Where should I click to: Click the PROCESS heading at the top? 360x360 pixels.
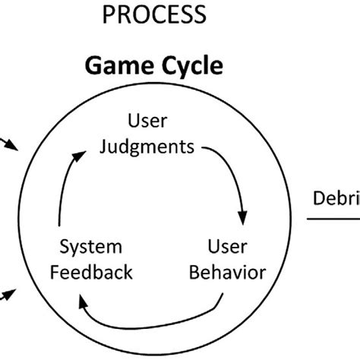tap(156, 14)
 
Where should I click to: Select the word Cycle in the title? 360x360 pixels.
tap(189, 66)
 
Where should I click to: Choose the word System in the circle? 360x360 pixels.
tap(90, 248)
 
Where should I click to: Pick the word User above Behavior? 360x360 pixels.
tap(225, 248)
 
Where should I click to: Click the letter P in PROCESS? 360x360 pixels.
tap(109, 14)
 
